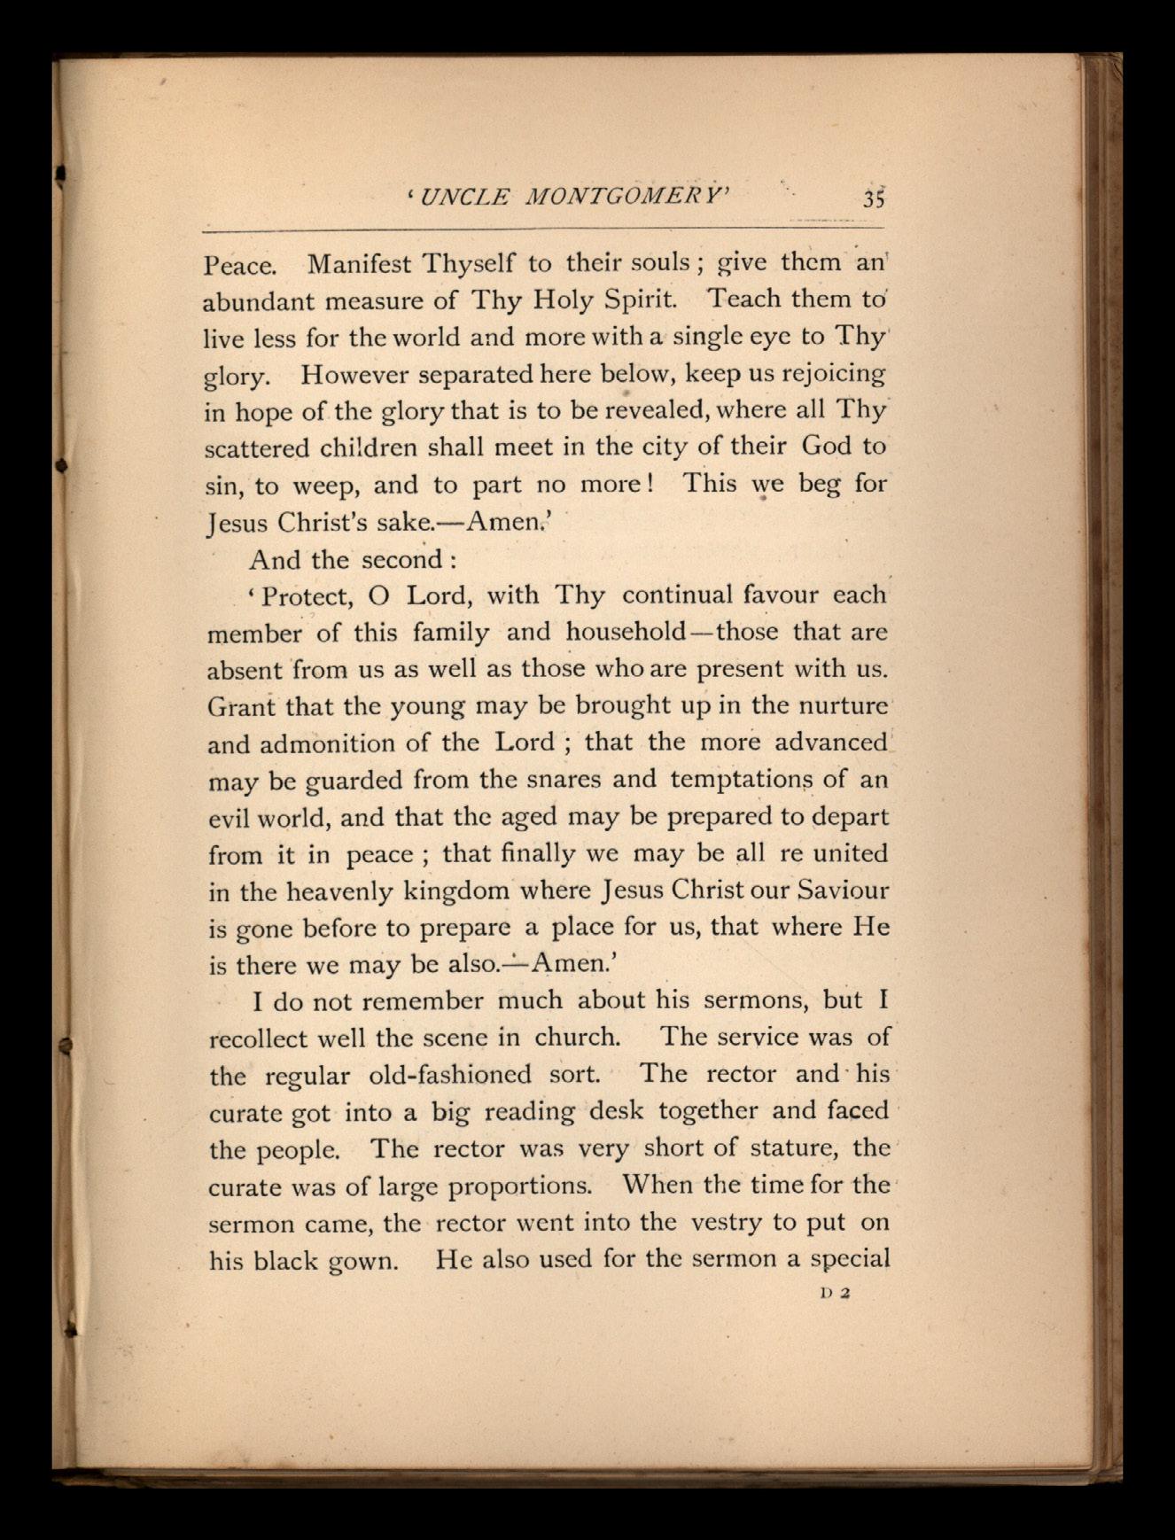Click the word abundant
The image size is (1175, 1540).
coord(258,301)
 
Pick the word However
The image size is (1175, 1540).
coord(354,375)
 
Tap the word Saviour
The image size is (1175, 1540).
coord(843,889)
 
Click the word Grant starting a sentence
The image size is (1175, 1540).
coord(241,706)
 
